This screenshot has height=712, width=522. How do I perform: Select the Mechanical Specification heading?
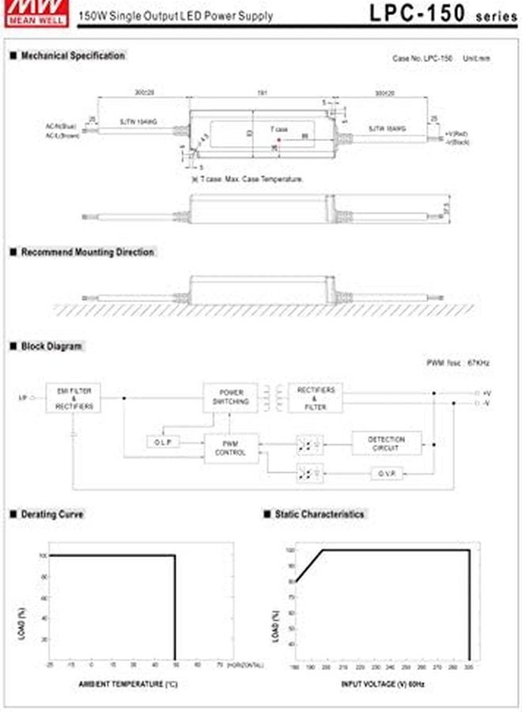tap(72, 56)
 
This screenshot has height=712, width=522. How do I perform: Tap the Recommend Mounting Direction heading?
tap(87, 252)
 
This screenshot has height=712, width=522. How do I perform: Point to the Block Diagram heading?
tap(51, 347)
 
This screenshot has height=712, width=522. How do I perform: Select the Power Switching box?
tap(230, 396)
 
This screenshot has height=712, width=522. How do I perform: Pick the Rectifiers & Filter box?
tap(316, 398)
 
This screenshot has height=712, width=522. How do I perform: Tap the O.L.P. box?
tap(164, 442)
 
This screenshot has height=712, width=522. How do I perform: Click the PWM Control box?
tap(230, 448)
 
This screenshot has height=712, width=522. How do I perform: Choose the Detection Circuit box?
tap(386, 443)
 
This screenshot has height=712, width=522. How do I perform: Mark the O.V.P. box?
tap(386, 473)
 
